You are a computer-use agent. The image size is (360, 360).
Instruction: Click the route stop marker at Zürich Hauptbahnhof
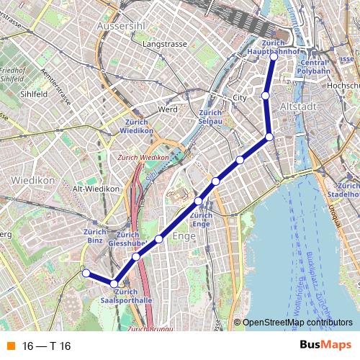click(274, 56)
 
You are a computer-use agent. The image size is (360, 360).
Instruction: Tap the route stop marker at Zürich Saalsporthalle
click(114, 284)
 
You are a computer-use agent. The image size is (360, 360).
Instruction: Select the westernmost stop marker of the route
click(86, 273)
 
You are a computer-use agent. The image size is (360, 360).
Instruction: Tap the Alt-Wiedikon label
click(95, 189)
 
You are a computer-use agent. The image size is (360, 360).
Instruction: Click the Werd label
click(168, 109)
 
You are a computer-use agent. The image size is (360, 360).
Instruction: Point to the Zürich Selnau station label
click(210, 117)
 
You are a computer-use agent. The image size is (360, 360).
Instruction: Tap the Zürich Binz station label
click(95, 236)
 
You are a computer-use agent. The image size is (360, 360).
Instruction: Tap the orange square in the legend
click(10, 346)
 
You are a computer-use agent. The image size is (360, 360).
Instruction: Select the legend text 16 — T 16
click(47, 346)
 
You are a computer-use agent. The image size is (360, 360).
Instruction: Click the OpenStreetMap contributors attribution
click(297, 323)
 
